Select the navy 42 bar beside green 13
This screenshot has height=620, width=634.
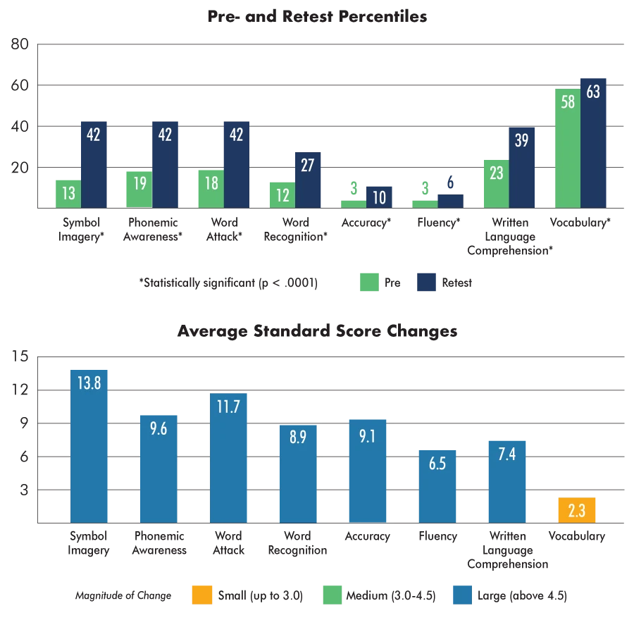(93, 163)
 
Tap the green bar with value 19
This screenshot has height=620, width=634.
(139, 188)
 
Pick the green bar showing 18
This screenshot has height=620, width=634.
(210, 188)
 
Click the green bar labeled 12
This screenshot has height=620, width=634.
(281, 194)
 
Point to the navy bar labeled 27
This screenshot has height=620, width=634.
(307, 180)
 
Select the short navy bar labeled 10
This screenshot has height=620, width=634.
(380, 197)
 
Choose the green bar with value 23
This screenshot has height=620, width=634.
(495, 183)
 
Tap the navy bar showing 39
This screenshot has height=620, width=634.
(521, 168)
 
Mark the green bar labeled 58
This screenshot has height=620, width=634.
(567, 148)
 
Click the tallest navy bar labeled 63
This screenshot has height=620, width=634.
(594, 141)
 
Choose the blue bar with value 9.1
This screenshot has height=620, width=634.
(366, 471)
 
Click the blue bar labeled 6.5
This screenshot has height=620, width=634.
(436, 485)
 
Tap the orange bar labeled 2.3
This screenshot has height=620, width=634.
(577, 510)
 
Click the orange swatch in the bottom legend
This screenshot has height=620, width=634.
(201, 595)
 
